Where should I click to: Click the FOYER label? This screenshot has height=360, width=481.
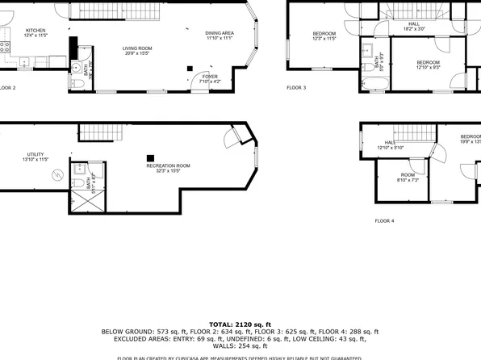pos(209,77)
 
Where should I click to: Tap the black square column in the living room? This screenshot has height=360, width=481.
pos(189,69)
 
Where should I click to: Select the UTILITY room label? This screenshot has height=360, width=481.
pos(35,157)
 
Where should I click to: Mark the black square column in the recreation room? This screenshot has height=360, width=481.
pos(149,157)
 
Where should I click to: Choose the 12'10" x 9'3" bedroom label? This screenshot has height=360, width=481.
pos(428,65)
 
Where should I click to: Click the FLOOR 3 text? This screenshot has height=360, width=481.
pos(297,87)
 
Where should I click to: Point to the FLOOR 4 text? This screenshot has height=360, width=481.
pos(384,220)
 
